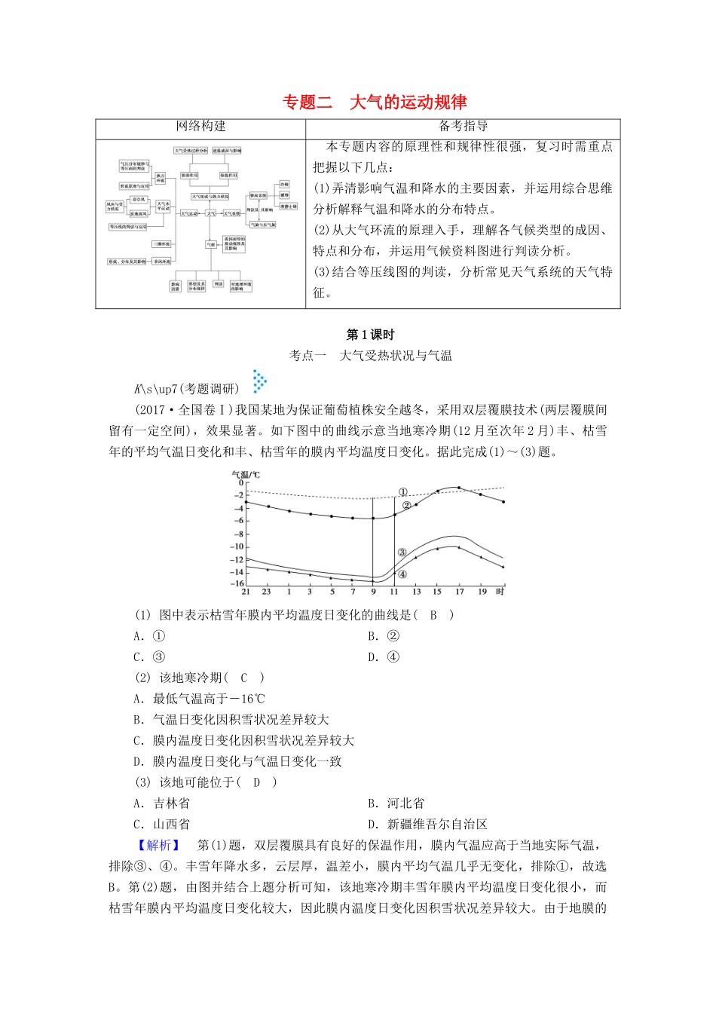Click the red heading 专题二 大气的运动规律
(375, 103)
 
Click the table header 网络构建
(200, 127)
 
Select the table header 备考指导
(463, 127)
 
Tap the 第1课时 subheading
(370, 335)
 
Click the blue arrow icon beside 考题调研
(260, 381)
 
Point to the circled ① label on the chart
(403, 492)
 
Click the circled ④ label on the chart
(402, 574)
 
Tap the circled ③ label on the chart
(402, 552)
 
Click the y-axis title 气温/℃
(245, 474)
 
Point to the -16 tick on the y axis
(237, 583)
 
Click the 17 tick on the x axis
(460, 592)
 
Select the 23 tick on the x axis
(266, 592)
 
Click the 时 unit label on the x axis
(500, 592)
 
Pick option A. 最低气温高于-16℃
(199, 699)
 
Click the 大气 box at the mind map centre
(211, 213)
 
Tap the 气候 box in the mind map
(211, 244)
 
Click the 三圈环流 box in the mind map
(161, 244)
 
